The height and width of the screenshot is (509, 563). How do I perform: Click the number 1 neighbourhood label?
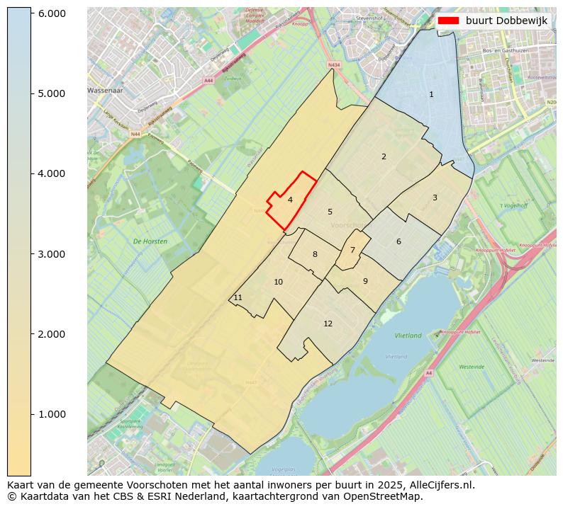431,94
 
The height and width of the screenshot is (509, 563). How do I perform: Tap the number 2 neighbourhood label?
384,156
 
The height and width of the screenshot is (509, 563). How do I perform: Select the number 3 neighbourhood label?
435,198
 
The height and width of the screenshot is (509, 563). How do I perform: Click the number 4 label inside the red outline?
290,200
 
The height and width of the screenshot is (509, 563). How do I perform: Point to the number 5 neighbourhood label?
330,212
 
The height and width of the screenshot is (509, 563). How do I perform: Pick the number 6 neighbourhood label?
398,241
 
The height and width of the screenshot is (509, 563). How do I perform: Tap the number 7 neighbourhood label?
352,250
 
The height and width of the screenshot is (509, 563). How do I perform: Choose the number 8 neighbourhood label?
315,254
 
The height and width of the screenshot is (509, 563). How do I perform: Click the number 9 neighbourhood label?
365,281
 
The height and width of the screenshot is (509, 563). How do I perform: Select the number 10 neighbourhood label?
278,282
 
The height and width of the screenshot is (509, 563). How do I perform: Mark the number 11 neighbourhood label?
238,298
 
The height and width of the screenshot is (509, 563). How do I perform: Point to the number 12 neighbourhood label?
328,324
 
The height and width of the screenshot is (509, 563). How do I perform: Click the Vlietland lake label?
408,336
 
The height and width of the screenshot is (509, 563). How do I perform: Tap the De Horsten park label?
150,241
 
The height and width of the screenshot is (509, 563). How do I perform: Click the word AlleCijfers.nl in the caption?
439,485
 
